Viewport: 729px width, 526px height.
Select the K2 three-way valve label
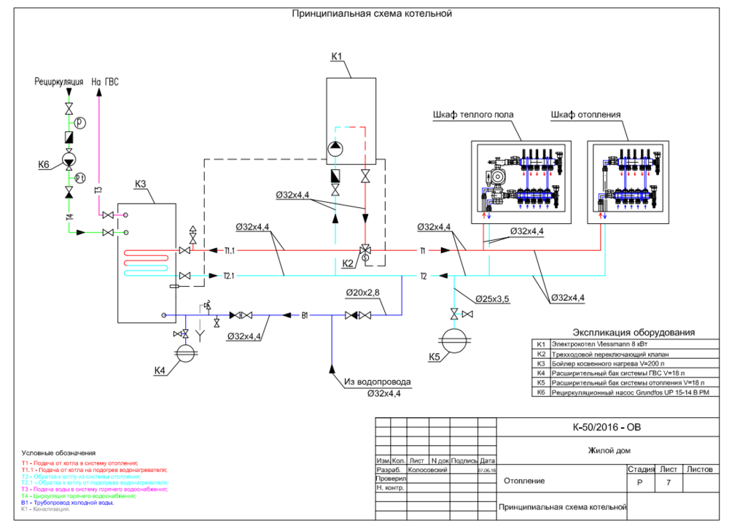point(347,263)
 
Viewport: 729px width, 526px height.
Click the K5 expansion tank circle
point(456,341)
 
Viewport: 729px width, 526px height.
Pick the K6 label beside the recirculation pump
point(44,166)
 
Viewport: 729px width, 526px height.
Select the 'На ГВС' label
point(105,82)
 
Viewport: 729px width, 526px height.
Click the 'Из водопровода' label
point(378,382)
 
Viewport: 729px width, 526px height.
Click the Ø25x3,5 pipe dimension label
point(494,299)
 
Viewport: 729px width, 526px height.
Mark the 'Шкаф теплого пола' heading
point(473,115)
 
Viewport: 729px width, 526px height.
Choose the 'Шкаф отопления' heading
point(585,115)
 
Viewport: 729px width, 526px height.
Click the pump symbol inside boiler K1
point(335,150)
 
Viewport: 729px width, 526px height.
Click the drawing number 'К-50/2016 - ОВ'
point(607,428)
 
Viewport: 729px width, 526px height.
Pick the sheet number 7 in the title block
point(666,482)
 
